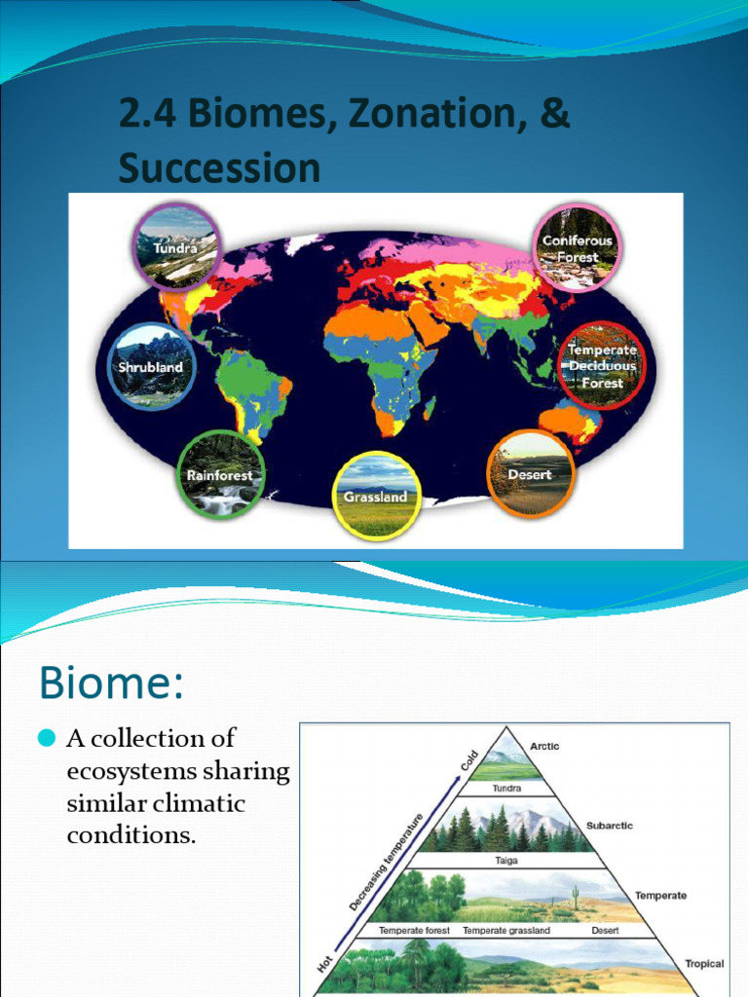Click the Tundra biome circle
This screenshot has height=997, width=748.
(x=176, y=246)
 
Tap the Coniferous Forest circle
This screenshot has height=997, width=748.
(x=577, y=247)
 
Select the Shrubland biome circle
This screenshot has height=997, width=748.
(x=151, y=367)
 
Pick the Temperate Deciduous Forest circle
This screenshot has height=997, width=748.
(x=602, y=365)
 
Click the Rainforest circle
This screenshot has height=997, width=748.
(x=220, y=474)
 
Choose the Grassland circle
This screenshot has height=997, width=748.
(x=376, y=495)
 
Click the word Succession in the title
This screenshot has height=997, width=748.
(x=219, y=168)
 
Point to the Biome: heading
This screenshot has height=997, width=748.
(x=111, y=683)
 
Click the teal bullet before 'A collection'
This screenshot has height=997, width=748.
(x=47, y=741)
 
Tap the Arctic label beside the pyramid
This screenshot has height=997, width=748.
(x=544, y=747)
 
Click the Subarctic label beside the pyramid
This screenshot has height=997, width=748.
(x=609, y=826)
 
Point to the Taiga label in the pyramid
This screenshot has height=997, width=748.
(x=505, y=861)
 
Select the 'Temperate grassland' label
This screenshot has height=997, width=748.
(x=505, y=931)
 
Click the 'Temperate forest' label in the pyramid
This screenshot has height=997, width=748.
(x=414, y=931)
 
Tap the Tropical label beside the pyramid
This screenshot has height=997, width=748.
(x=703, y=964)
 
